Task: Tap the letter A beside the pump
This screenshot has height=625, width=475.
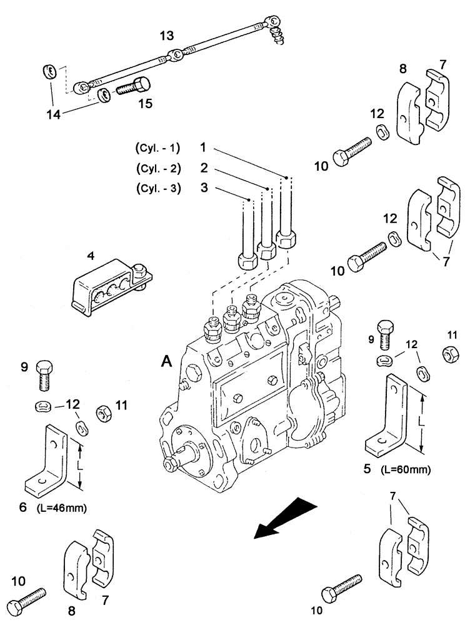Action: click(166, 361)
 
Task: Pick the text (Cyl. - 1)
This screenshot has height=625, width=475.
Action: click(157, 148)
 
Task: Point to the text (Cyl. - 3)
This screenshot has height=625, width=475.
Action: click(157, 189)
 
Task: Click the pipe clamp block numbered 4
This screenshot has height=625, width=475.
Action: click(106, 285)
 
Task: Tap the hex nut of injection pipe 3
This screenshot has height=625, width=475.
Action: click(244, 259)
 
